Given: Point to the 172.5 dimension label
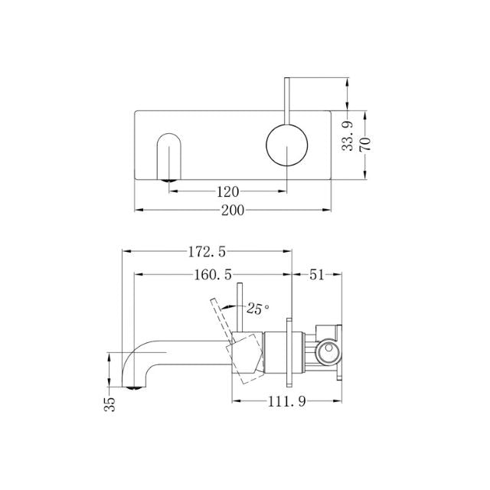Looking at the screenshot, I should click(x=209, y=250).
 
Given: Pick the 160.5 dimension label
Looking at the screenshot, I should click(x=213, y=273).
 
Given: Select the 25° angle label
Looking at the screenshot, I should click(x=258, y=309).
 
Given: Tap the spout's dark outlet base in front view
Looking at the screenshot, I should click(x=168, y=181).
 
